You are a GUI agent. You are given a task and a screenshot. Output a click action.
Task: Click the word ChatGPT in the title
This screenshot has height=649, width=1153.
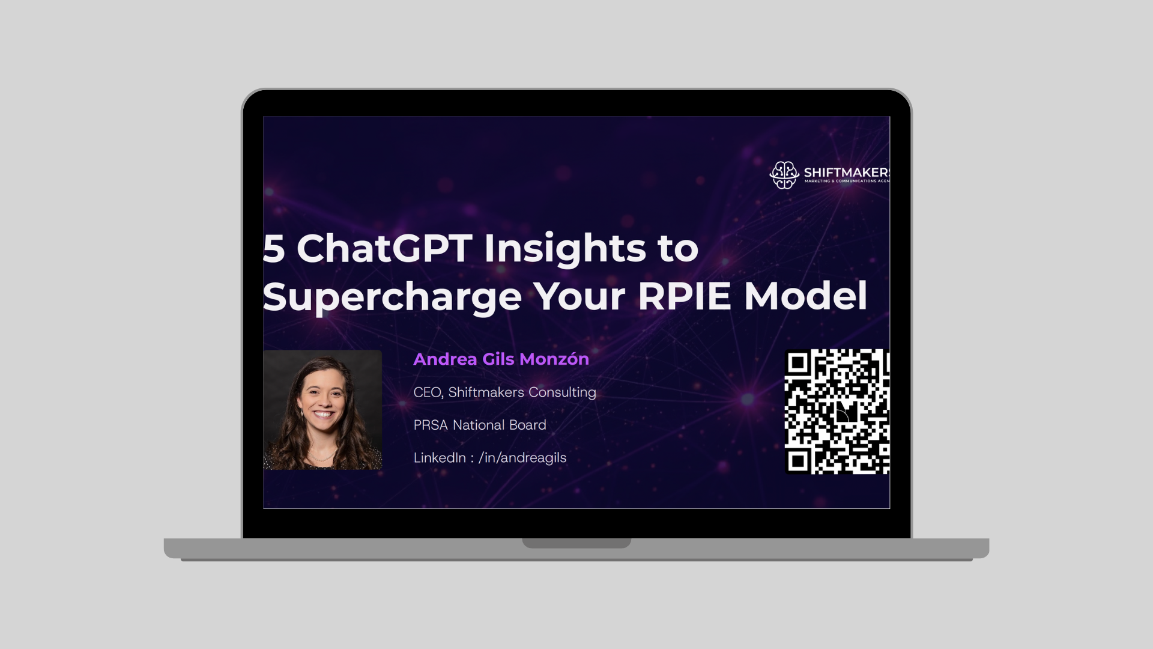click(384, 248)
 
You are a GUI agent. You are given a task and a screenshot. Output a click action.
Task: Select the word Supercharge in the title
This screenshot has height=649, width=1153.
click(392, 296)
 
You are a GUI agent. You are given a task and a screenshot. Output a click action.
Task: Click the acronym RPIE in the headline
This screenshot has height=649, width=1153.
click(683, 296)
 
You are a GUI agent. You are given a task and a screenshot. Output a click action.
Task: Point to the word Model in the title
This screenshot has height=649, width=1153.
click(805, 296)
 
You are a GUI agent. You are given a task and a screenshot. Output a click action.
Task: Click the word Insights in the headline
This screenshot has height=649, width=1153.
click(564, 248)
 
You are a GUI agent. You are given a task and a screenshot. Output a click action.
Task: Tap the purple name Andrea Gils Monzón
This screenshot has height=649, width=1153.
click(501, 359)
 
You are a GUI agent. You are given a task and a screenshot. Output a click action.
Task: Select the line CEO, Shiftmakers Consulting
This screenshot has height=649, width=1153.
click(504, 392)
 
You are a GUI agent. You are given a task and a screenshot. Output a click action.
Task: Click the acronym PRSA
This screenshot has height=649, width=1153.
click(431, 425)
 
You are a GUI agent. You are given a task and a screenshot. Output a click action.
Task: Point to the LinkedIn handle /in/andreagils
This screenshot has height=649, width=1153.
click(522, 458)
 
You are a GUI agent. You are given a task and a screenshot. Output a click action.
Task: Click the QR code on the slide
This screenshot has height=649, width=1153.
click(837, 412)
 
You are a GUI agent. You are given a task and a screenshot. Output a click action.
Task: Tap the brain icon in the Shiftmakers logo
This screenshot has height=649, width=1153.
click(784, 175)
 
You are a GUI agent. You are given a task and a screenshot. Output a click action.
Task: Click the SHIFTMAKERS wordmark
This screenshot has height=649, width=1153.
click(846, 172)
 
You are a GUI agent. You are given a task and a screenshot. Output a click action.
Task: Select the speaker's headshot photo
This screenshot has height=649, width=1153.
click(322, 410)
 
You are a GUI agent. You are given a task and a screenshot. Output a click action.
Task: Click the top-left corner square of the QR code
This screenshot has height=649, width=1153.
click(797, 362)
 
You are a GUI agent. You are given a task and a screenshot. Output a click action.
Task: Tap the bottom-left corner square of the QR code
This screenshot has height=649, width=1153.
click(797, 461)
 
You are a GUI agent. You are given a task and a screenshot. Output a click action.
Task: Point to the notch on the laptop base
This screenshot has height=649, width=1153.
click(576, 543)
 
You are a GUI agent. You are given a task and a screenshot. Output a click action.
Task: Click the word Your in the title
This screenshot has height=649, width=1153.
click(580, 296)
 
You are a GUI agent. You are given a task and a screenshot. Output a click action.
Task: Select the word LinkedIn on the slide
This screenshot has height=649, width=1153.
click(440, 458)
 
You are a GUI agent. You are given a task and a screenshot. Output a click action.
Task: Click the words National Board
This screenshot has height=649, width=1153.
click(499, 425)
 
